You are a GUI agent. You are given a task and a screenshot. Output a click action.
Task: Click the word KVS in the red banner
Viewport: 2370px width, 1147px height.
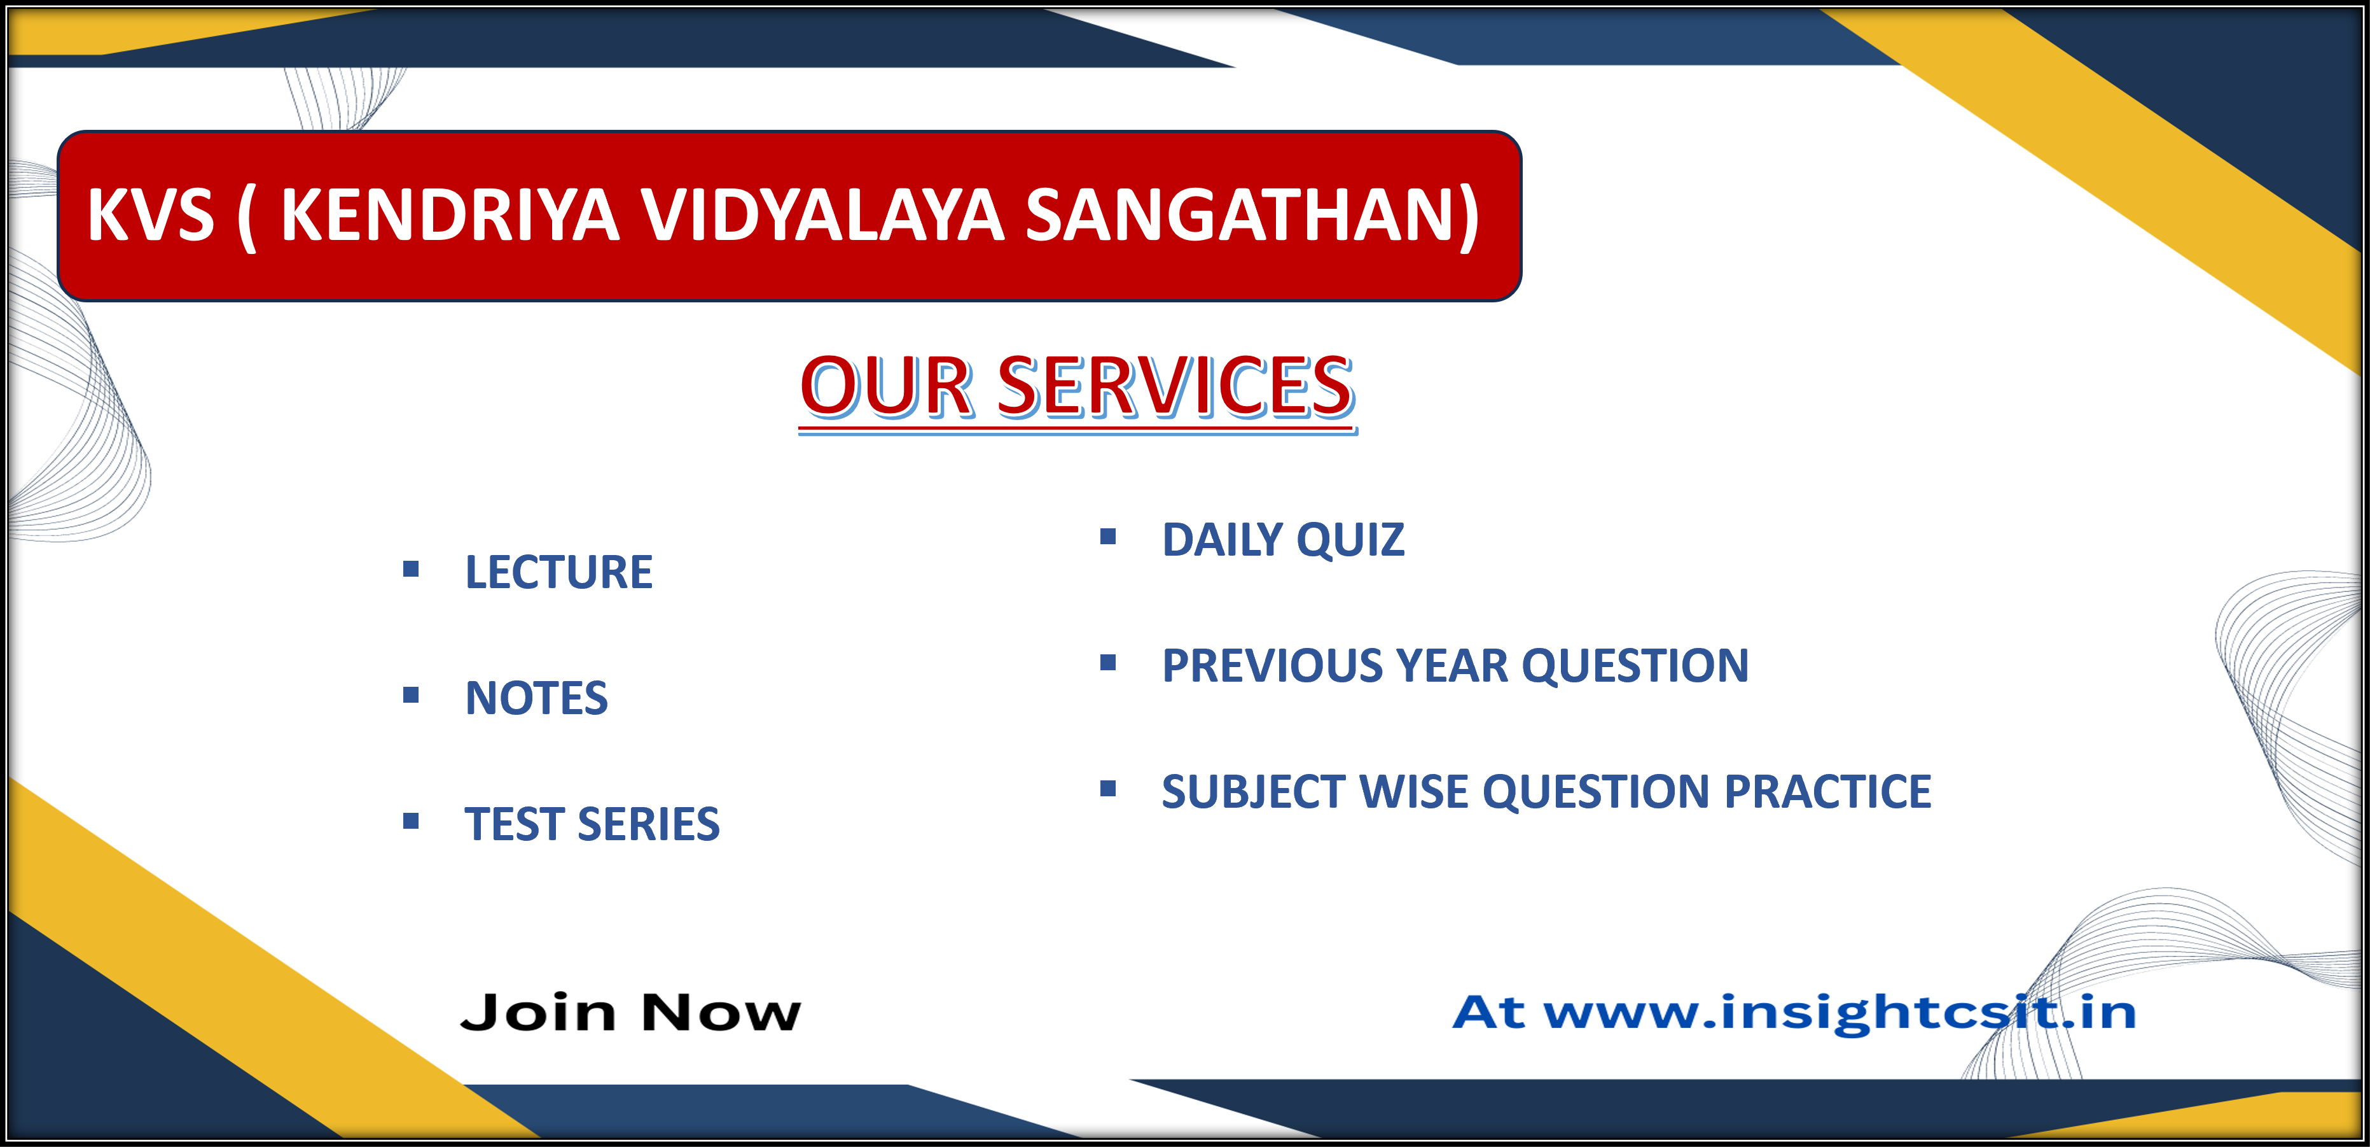click(x=151, y=215)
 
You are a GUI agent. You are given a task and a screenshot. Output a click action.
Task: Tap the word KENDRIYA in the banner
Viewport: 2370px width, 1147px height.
click(x=450, y=215)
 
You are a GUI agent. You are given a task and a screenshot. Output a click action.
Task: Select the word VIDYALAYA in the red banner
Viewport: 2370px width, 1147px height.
click(x=822, y=215)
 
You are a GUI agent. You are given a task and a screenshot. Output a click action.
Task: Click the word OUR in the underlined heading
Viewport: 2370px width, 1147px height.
click(x=885, y=386)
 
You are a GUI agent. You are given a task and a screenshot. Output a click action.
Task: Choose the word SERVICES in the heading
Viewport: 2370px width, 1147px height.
click(x=1175, y=386)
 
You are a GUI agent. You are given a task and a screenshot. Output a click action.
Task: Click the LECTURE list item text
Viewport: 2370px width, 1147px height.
click(x=558, y=572)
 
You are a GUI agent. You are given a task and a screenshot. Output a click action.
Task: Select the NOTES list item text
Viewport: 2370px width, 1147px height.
click(x=536, y=698)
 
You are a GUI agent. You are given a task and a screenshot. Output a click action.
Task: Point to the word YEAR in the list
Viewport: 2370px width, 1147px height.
click(x=1451, y=666)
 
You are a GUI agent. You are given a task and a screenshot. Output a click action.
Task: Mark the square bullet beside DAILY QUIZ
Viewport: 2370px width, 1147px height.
click(x=1108, y=537)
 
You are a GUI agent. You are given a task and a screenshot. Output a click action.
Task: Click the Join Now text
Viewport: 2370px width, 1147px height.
click(x=630, y=1013)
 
